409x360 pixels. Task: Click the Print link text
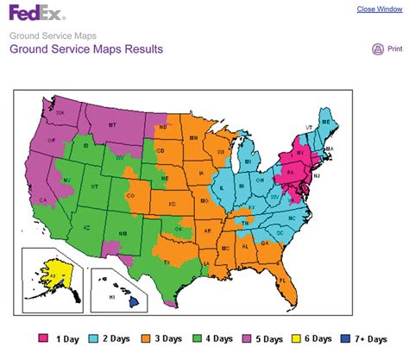[x=394, y=49]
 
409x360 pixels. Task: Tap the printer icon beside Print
[x=377, y=49]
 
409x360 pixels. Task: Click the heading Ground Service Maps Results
[x=86, y=49]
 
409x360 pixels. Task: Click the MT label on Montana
[x=112, y=126]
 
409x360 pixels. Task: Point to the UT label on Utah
[x=95, y=186]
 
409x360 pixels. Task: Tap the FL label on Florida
[x=305, y=281]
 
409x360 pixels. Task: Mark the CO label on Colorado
[x=131, y=196]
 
